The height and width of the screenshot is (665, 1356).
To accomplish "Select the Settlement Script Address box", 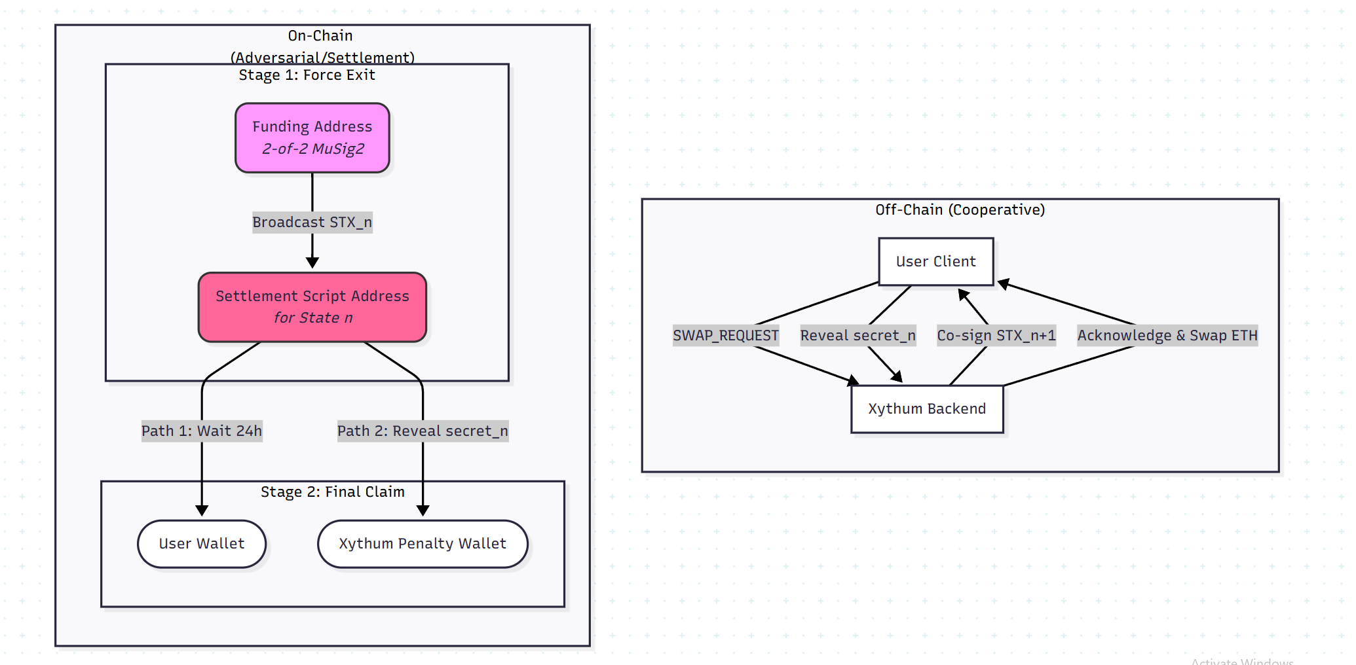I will [x=312, y=307].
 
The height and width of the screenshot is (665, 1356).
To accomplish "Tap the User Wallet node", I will [x=202, y=544].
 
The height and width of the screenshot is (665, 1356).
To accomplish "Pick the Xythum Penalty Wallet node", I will [x=423, y=544].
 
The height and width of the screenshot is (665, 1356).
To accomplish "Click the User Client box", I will [x=935, y=262].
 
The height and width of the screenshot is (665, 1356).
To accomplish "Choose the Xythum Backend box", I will [x=927, y=409].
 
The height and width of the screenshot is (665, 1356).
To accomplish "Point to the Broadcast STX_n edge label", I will [x=312, y=223].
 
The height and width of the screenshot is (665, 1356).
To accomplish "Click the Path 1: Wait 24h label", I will [x=202, y=431].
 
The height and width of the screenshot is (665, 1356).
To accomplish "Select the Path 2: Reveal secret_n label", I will [x=423, y=431].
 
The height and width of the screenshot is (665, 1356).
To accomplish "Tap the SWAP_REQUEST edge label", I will [x=726, y=336].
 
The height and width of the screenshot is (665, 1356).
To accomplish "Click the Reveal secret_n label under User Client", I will [x=857, y=336].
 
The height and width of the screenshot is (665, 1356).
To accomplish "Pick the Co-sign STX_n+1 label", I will [x=996, y=336].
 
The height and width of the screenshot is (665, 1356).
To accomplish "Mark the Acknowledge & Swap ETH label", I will [x=1167, y=336].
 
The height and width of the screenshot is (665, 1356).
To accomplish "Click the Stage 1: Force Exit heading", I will [x=307, y=75].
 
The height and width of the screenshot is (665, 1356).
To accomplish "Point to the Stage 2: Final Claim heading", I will [x=333, y=492].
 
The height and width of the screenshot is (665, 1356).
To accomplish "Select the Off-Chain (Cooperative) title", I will [x=960, y=210].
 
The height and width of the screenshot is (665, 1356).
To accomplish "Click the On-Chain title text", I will [x=320, y=36].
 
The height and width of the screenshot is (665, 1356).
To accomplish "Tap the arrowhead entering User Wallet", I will [x=202, y=511].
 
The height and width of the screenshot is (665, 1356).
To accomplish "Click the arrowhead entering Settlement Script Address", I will [x=312, y=262].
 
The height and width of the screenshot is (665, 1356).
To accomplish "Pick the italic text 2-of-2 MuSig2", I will [x=313, y=149].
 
